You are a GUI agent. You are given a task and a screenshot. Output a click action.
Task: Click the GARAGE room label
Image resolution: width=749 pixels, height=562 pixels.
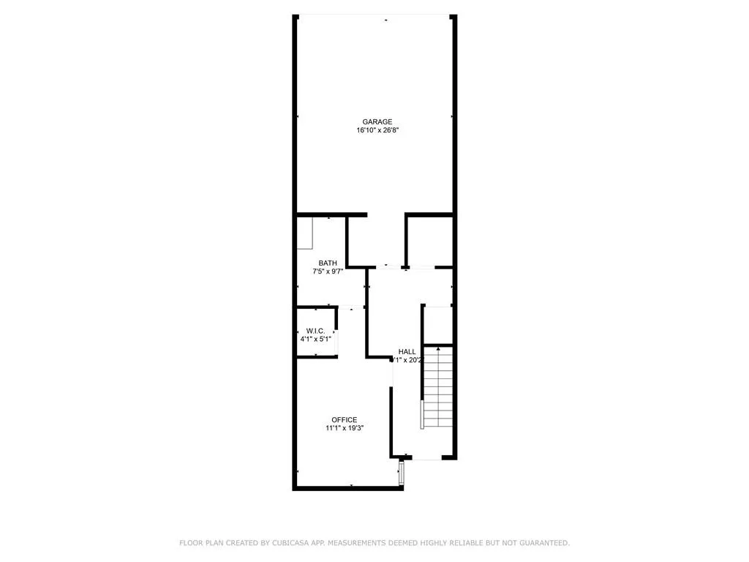tap(377, 122)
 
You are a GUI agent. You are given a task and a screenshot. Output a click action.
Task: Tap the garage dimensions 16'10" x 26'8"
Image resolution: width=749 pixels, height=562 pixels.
tap(377, 131)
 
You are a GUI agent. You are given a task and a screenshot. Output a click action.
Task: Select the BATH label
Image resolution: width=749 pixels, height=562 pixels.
tap(328, 263)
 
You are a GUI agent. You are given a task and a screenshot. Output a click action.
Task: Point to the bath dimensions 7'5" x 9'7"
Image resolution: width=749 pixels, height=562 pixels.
tap(328, 271)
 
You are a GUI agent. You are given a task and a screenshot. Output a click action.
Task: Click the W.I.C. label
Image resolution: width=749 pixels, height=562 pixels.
tap(316, 330)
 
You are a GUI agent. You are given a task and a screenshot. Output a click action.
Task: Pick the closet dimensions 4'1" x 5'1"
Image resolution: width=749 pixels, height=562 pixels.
tap(316, 339)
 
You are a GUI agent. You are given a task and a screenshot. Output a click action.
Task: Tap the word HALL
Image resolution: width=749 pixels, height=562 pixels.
tap(407, 352)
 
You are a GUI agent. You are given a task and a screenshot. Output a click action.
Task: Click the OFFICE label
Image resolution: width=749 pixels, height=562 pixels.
tap(345, 420)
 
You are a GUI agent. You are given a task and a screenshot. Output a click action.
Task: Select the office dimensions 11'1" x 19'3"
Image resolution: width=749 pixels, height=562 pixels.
tap(345, 429)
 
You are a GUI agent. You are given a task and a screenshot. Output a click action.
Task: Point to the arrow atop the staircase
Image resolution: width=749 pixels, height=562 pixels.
tap(438, 351)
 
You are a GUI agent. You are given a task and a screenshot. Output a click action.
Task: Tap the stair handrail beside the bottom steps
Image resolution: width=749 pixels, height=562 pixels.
tap(421, 414)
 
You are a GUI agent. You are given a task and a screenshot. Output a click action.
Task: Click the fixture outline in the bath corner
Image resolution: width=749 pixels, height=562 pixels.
tap(305, 233)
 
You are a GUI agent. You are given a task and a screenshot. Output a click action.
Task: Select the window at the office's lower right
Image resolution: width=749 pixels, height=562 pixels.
tap(401, 472)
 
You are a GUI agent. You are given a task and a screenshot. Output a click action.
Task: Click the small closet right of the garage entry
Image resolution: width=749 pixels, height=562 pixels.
tap(429, 240)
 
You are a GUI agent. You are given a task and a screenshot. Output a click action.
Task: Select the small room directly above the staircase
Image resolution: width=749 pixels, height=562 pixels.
tap(439, 325)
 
